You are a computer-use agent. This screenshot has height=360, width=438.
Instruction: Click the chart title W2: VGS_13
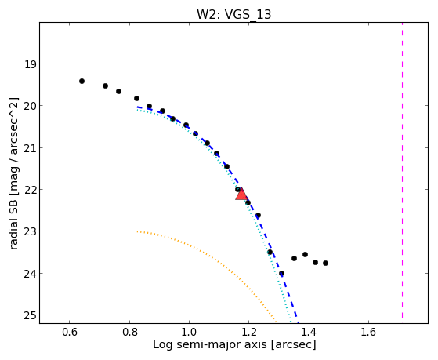click(233, 14)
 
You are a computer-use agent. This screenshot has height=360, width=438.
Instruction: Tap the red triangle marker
click(241, 195)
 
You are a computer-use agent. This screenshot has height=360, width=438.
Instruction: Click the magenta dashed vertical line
click(402, 170)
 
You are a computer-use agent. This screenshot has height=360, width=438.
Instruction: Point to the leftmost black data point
click(81, 81)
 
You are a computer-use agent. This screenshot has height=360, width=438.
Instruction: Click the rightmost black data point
click(325, 264)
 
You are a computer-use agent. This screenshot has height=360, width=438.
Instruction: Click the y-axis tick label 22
click(30, 190)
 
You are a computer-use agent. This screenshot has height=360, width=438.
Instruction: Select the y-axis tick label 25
click(30, 315)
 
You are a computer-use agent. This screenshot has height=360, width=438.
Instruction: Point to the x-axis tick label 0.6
click(70, 333)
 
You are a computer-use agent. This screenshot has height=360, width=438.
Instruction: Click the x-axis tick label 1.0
click(189, 333)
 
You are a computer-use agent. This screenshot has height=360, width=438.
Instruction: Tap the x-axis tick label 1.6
click(368, 333)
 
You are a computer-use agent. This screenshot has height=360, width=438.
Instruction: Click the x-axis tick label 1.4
click(309, 333)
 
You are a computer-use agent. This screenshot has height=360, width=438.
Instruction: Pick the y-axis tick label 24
click(30, 273)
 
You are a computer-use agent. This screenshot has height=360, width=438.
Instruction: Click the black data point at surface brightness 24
click(281, 273)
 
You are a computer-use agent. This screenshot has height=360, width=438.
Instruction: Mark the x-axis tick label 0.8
click(129, 333)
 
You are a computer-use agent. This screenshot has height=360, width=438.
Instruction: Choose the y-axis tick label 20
click(30, 106)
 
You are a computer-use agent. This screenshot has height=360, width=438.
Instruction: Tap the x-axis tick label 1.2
click(249, 333)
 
